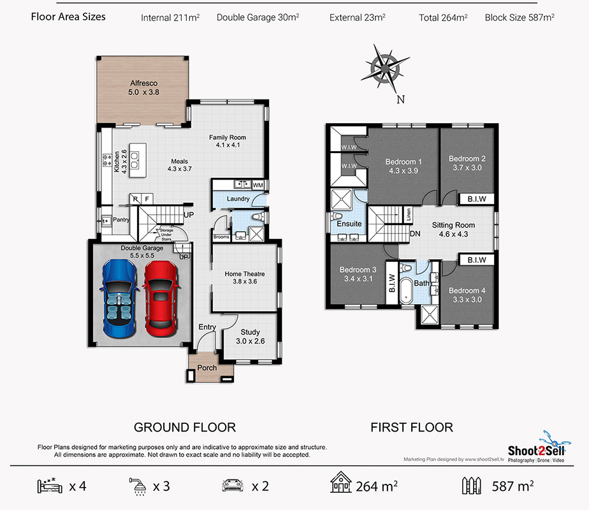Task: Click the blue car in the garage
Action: coord(119,298)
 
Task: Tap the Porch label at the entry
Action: coord(207,368)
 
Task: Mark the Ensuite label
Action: coord(349,224)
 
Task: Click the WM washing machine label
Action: coord(258,185)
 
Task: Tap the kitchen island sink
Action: coord(135,160)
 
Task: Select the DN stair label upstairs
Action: coord(415,233)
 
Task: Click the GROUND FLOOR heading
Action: coord(185,427)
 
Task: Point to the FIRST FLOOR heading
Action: coord(412,427)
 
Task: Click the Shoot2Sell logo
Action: coord(537,447)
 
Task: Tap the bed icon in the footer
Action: coord(50,486)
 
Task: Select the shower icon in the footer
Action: coord(138,486)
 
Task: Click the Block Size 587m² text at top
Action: coord(520,17)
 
